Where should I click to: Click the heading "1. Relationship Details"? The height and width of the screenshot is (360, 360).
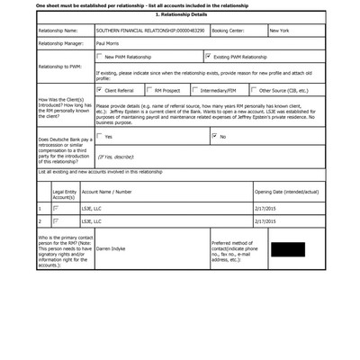(180, 14)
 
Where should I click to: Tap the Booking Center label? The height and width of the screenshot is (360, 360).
(231, 30)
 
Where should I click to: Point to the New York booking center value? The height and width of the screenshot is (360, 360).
(280, 30)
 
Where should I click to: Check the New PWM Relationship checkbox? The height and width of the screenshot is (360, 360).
(99, 56)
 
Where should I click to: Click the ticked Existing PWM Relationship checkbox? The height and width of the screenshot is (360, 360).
(208, 56)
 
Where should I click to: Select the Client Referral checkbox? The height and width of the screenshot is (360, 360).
(99, 90)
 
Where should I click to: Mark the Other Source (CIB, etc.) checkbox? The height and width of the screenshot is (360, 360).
(254, 90)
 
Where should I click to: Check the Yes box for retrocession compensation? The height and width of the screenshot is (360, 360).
(99, 136)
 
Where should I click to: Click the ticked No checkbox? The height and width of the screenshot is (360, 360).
(214, 136)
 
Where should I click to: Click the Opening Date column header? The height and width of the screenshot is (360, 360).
(287, 192)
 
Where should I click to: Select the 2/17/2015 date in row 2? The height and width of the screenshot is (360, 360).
(266, 220)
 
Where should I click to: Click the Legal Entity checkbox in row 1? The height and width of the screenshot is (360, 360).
(56, 207)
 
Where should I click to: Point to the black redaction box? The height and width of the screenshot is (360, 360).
(287, 249)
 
